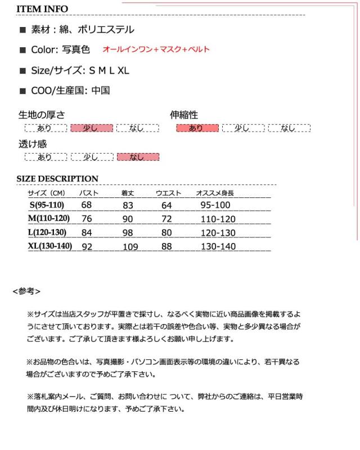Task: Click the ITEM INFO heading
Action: (42, 9)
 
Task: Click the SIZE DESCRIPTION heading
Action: (57, 179)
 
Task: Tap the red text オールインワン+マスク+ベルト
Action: (156, 49)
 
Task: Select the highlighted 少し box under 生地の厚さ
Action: (91, 128)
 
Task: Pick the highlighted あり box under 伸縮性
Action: (197, 128)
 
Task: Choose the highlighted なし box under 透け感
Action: (137, 157)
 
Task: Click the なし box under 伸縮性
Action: (289, 128)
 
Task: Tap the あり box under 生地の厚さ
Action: (45, 128)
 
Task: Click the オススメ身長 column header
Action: (214, 193)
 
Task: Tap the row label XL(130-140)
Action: (50, 245)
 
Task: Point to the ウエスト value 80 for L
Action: (166, 232)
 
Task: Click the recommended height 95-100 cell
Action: (215, 205)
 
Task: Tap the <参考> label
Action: (26, 291)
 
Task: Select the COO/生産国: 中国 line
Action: (70, 90)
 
